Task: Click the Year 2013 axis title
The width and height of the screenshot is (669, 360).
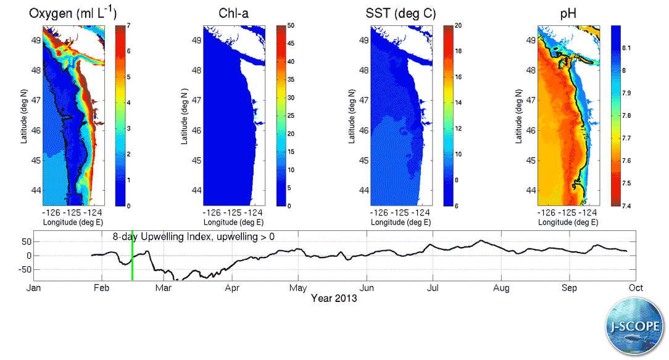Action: point(334,298)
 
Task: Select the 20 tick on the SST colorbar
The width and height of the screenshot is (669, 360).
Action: point(457,26)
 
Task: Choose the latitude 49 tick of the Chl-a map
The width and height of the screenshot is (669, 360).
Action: point(196,40)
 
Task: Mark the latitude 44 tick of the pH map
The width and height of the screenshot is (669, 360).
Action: point(530,190)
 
